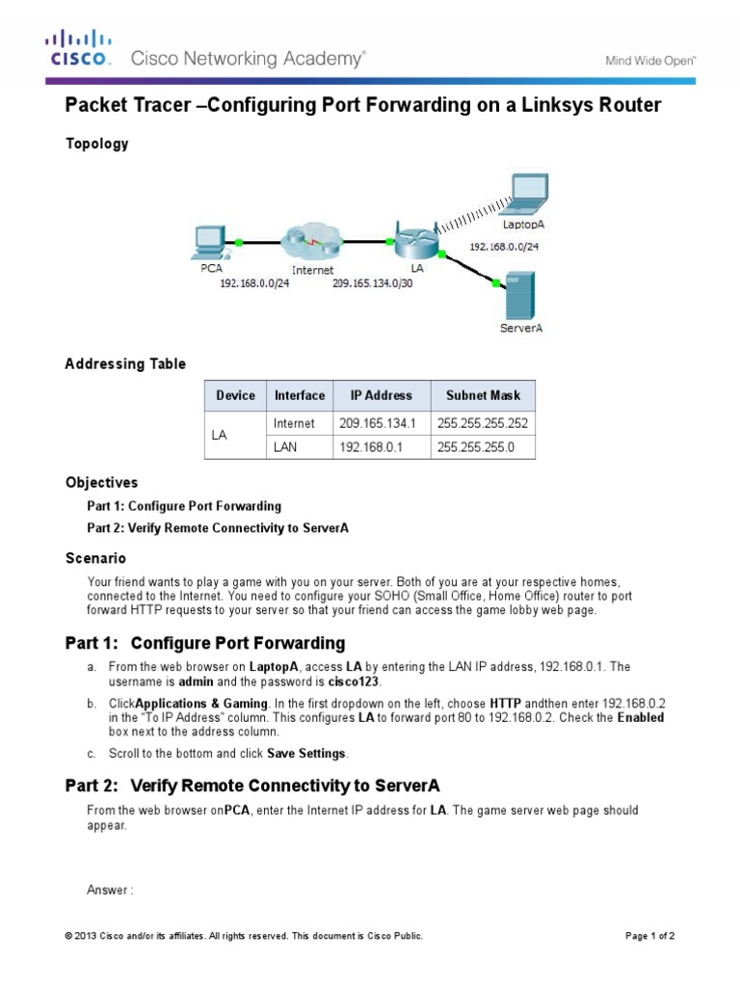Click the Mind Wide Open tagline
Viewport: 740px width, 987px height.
(x=650, y=60)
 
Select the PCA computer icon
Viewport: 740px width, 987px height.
(x=208, y=241)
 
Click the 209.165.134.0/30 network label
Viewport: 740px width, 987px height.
(x=373, y=284)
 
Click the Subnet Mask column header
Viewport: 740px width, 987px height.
(x=483, y=395)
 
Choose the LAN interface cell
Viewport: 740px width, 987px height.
(x=286, y=446)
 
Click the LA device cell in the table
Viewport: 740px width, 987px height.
(x=219, y=435)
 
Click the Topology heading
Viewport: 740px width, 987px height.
(x=96, y=144)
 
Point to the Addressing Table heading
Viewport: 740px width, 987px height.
(x=124, y=364)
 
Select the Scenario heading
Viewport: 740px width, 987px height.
(x=95, y=558)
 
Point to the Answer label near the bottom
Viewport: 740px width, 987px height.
(x=109, y=890)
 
